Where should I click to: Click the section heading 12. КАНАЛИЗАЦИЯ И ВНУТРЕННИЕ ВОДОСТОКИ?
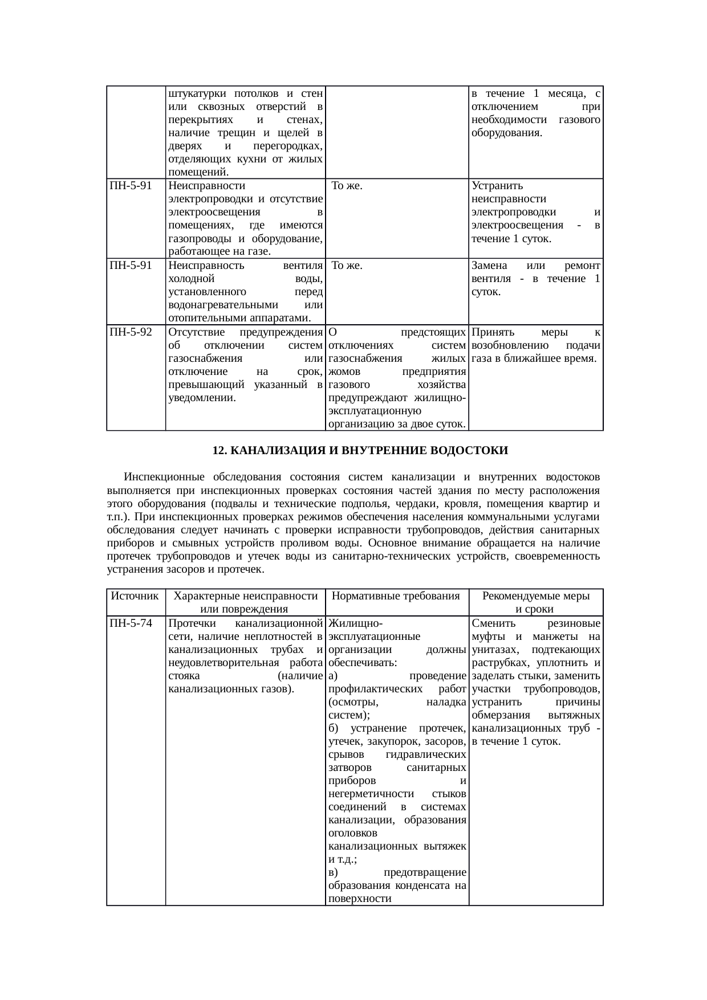pyautogui.click(x=360, y=451)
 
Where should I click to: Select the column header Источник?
pyautogui.click(x=135, y=596)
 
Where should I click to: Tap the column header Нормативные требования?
pyautogui.click(x=396, y=596)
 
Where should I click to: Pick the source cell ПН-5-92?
pyautogui.click(x=130, y=332)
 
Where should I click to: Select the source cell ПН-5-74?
pyautogui.click(x=130, y=623)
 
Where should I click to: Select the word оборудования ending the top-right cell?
pyautogui.click(x=506, y=133)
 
